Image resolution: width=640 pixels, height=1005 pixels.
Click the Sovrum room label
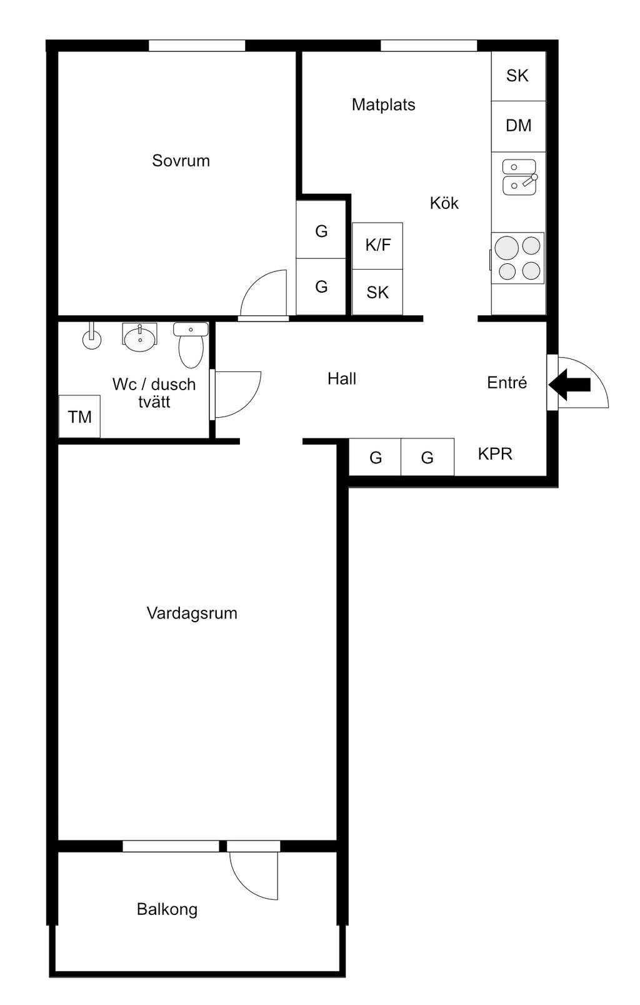pyautogui.click(x=181, y=161)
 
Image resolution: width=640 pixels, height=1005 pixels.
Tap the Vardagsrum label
pyautogui.click(x=192, y=613)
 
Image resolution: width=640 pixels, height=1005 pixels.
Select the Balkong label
pyautogui.click(x=167, y=909)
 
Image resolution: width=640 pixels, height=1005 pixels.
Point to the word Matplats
pyautogui.click(x=383, y=104)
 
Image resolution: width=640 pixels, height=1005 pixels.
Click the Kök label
pyautogui.click(x=444, y=203)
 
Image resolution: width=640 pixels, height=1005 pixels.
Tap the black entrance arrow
pyautogui.click(x=570, y=384)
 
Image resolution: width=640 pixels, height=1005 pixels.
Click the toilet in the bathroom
pyautogui.click(x=191, y=345)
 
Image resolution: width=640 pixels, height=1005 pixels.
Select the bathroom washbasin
pyautogui.click(x=139, y=338)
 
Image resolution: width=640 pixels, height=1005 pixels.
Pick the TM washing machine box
pyautogui.click(x=79, y=417)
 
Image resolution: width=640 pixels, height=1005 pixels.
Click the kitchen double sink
pyautogui.click(x=519, y=177)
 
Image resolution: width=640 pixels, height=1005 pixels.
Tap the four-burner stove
pyautogui.click(x=518, y=258)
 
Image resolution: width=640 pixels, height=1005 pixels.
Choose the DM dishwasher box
pyautogui.click(x=518, y=126)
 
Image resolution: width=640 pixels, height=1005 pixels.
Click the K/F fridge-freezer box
pyautogui.click(x=377, y=245)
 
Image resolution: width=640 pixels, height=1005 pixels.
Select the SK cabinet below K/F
pyautogui.click(x=377, y=292)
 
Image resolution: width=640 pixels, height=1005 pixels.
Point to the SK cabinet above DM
pyautogui.click(x=517, y=76)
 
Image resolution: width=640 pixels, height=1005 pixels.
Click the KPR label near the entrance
pyautogui.click(x=495, y=454)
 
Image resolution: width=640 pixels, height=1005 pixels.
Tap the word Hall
pyautogui.click(x=342, y=378)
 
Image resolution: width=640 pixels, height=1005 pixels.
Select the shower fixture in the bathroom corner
pyautogui.click(x=92, y=338)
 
